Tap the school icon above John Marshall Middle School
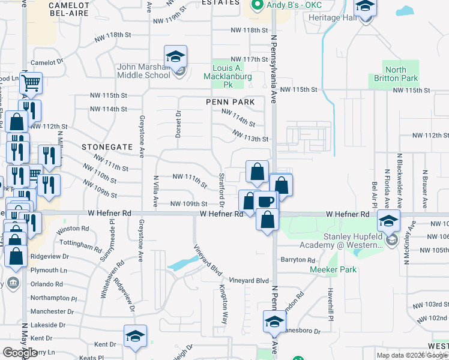175,57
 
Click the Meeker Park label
333,269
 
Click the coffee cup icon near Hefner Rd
265,200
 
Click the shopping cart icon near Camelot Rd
31,83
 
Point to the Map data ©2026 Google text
412,355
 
